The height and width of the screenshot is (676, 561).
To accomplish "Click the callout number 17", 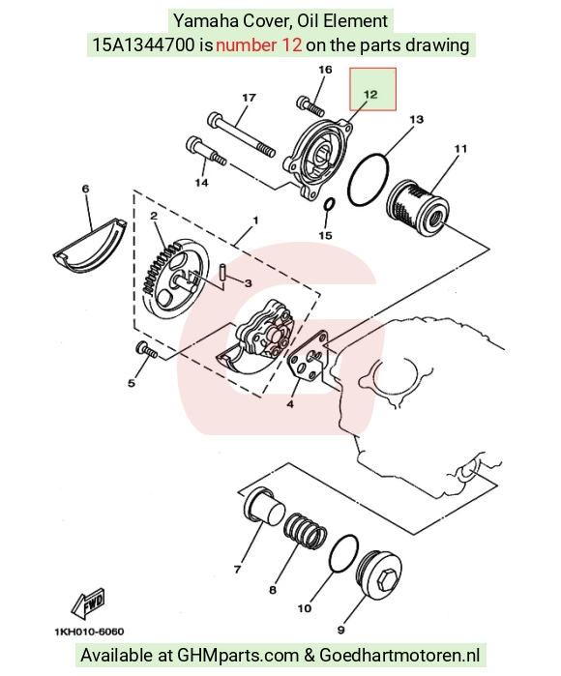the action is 249,98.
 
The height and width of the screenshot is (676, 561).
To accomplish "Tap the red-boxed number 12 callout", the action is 370,94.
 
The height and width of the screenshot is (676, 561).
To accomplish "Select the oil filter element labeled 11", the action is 418,207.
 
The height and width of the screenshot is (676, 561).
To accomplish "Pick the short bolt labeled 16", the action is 310,105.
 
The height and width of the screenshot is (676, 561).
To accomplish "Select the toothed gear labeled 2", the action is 175,278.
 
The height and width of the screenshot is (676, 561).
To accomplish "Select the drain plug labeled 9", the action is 378,576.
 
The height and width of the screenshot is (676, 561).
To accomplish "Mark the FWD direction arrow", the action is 88,602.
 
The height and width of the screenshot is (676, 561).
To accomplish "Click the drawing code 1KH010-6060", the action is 89,632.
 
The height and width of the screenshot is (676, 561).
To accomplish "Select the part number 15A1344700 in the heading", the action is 143,44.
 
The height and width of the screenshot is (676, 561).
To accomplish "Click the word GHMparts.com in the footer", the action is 239,656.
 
